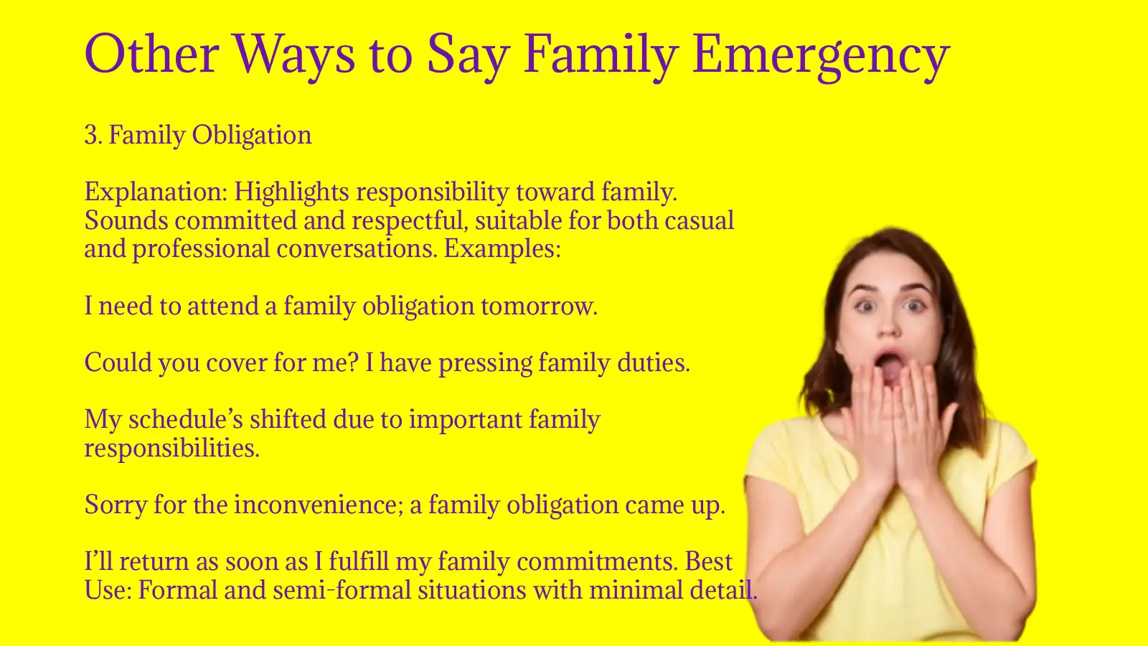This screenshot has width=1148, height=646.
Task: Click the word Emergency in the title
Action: tap(821, 55)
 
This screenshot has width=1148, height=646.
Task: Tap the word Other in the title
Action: tap(152, 53)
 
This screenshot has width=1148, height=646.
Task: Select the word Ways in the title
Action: tap(293, 56)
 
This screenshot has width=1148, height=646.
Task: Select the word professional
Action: tap(201, 249)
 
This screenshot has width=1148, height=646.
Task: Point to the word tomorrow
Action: tap(539, 306)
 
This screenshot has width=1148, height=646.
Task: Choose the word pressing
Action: tap(486, 363)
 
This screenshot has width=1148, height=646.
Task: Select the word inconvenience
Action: tap(319, 505)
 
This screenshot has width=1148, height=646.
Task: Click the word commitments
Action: tap(598, 562)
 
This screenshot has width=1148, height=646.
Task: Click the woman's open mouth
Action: tap(888, 365)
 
